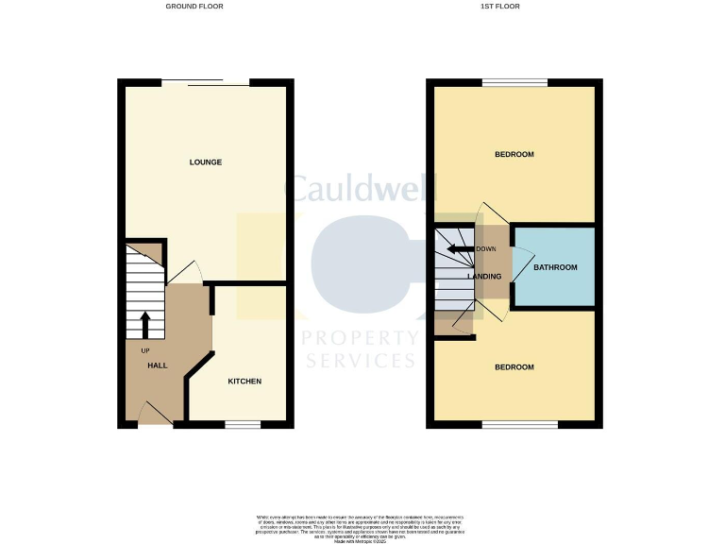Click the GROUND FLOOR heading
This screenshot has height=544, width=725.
(x=194, y=7)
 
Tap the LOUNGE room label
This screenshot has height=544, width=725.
(x=206, y=162)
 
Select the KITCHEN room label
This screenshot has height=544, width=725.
(x=244, y=382)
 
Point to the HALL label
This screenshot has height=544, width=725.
(x=158, y=366)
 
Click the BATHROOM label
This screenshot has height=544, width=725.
(x=555, y=267)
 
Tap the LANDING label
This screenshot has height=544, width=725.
(x=484, y=276)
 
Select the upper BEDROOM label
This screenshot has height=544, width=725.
(x=514, y=155)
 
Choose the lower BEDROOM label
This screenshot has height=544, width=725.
(x=514, y=367)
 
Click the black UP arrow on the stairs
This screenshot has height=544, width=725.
(x=145, y=325)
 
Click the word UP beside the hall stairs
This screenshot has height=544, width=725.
(x=145, y=351)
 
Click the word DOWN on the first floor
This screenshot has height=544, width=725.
(x=486, y=249)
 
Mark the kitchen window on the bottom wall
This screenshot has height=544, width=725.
(x=243, y=425)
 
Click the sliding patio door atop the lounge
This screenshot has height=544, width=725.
(x=206, y=82)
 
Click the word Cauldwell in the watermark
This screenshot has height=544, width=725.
(x=362, y=189)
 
